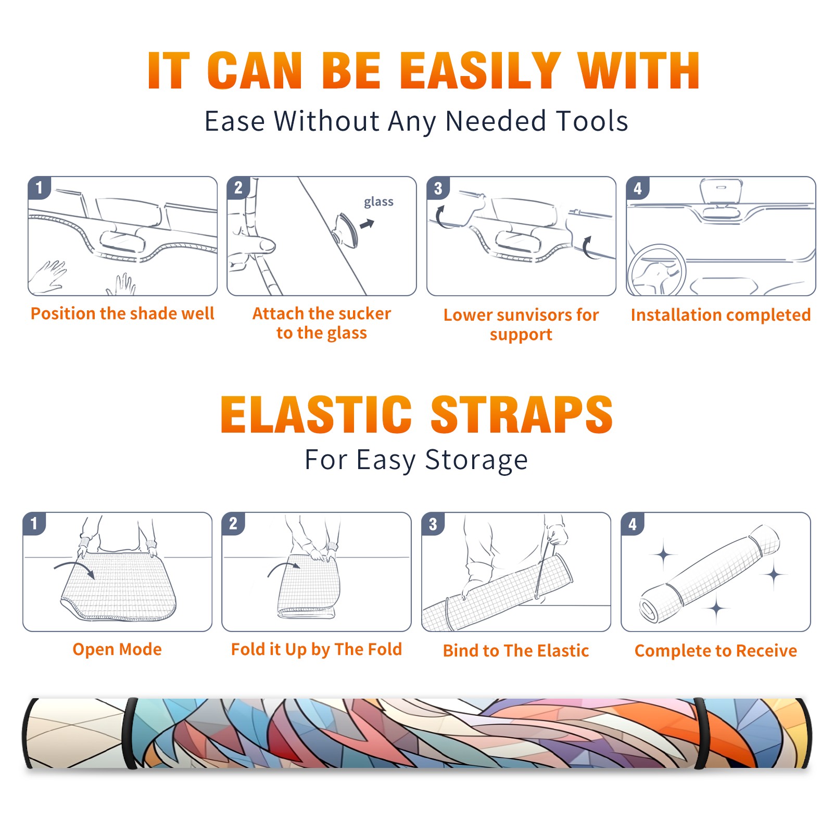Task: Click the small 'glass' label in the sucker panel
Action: click(378, 201)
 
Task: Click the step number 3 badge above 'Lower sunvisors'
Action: click(438, 188)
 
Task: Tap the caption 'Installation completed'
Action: click(721, 315)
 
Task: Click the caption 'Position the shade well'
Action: click(122, 313)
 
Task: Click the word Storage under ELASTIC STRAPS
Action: click(476, 460)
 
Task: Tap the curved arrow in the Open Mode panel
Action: click(74, 569)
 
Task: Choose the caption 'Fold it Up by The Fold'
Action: click(317, 649)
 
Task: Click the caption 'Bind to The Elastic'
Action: click(516, 651)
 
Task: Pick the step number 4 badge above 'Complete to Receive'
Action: click(632, 524)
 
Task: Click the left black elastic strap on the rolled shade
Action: click(130, 734)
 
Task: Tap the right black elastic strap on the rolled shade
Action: click(701, 734)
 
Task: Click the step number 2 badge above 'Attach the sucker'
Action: click(238, 188)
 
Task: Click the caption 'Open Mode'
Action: click(117, 649)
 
